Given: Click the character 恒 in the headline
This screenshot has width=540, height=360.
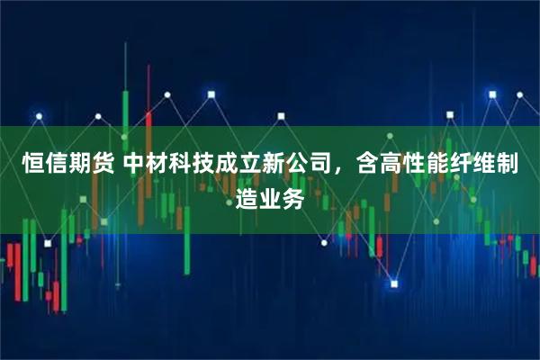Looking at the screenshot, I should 32,164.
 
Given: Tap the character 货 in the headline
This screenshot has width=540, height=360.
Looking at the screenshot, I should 102,164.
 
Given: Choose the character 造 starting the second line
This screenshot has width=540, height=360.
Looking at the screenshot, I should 247,195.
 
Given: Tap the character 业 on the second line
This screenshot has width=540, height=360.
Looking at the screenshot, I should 270,195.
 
